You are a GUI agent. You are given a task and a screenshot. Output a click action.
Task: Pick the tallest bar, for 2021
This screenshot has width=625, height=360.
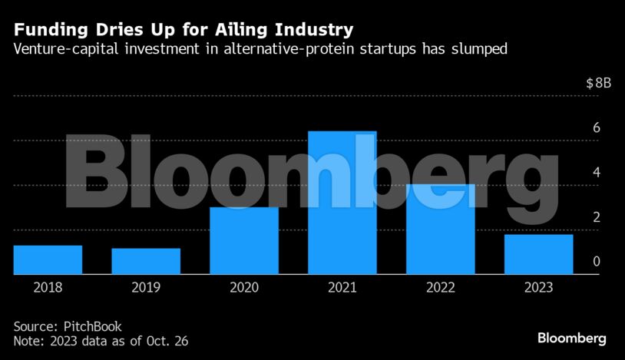coord(342,203)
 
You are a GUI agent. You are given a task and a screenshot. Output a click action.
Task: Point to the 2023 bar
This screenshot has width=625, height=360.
coord(539,254)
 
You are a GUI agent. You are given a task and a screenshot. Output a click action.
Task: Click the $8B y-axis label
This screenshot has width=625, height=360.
coord(598,84)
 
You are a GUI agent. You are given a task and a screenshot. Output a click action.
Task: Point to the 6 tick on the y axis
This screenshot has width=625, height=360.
coord(596,128)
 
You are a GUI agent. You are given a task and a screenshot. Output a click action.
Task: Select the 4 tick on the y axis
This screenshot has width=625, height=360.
coord(596,173)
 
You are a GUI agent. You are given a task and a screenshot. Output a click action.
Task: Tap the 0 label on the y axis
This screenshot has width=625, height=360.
coord(596,262)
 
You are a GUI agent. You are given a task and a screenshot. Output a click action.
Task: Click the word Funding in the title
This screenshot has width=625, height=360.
coord(47,31)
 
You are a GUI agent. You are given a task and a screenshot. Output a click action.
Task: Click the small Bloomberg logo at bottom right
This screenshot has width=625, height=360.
coord(571,338)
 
